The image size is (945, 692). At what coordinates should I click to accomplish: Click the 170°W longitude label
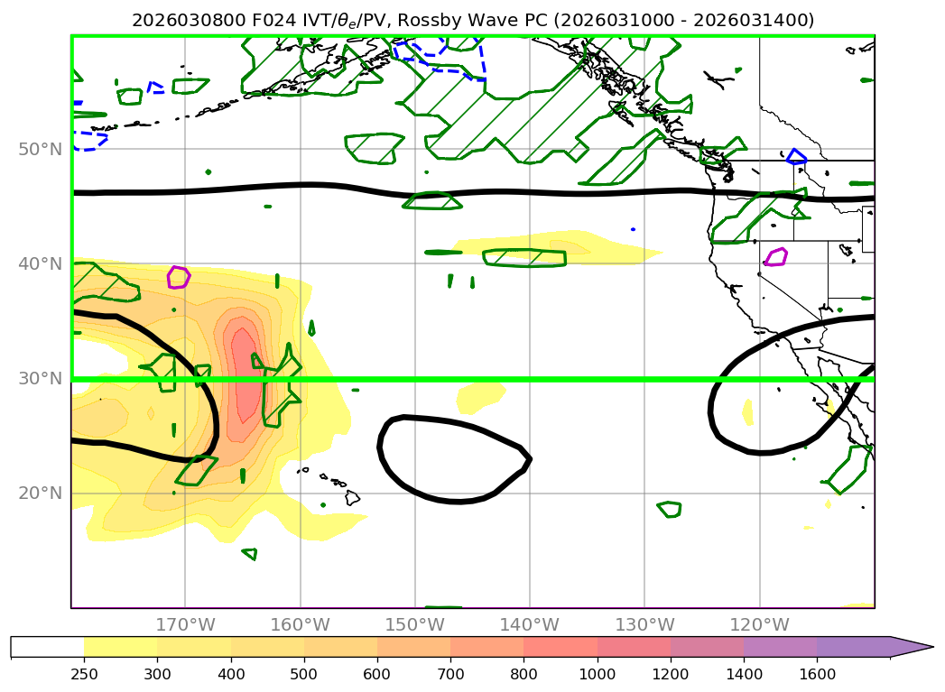pyautogui.click(x=185, y=624)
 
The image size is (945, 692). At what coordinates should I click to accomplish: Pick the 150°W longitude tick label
pyautogui.click(x=414, y=624)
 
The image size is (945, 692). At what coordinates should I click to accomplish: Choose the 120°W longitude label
pyautogui.click(x=759, y=624)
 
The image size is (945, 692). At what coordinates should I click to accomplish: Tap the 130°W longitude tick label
pyautogui.click(x=644, y=624)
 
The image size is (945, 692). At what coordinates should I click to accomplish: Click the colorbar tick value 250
pyautogui.click(x=84, y=673)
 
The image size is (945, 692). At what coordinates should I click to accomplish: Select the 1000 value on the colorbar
pyautogui.click(x=597, y=673)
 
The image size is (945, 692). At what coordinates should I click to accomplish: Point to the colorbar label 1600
pyautogui.click(x=817, y=673)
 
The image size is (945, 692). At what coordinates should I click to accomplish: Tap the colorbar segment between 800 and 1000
pyautogui.click(x=560, y=647)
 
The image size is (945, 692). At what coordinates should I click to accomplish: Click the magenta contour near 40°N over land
pyautogui.click(x=775, y=257)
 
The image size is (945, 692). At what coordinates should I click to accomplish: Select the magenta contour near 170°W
pyautogui.click(x=179, y=277)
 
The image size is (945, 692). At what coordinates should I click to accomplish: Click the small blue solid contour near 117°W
pyautogui.click(x=796, y=156)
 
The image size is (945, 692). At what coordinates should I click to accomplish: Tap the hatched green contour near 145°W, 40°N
pyautogui.click(x=524, y=257)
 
